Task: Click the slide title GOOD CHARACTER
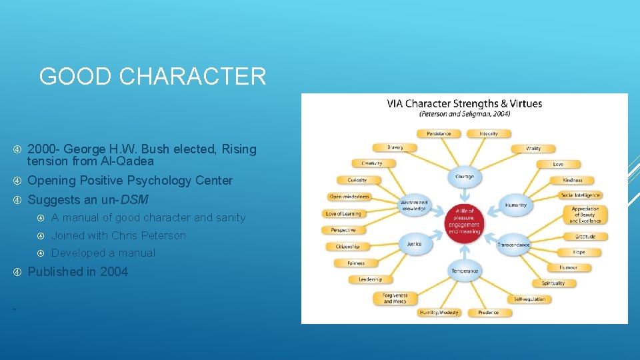(153, 77)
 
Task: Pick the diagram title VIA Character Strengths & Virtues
(464, 103)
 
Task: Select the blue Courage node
(464, 177)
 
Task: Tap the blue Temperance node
(464, 271)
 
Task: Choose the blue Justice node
(415, 244)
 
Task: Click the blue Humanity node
(516, 205)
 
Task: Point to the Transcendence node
(513, 245)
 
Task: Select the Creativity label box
(371, 163)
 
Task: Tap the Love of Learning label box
(343, 213)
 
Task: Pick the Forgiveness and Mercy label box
(395, 298)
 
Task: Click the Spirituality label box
(553, 283)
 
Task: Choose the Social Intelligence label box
(580, 195)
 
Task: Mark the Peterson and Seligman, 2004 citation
(464, 114)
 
